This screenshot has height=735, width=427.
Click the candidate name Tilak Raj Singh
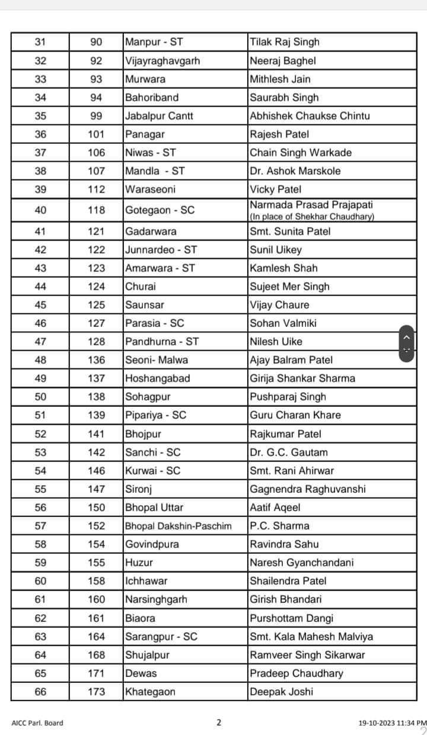(285, 42)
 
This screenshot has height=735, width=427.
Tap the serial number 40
(40, 210)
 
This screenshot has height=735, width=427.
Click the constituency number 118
(96, 210)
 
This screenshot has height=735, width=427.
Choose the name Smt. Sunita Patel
(290, 231)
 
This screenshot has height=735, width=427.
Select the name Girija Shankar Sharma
(302, 378)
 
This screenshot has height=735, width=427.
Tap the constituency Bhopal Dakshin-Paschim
(178, 525)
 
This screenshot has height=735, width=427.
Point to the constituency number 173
(96, 691)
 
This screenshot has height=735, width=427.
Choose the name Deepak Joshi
(281, 691)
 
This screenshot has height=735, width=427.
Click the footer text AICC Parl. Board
(37, 723)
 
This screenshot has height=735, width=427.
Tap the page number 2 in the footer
(219, 722)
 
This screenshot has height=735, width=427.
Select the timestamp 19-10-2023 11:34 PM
(392, 723)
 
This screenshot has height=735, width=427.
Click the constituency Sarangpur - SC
(161, 636)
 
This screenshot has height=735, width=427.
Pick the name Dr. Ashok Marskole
(295, 171)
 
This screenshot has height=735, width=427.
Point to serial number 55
(40, 489)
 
